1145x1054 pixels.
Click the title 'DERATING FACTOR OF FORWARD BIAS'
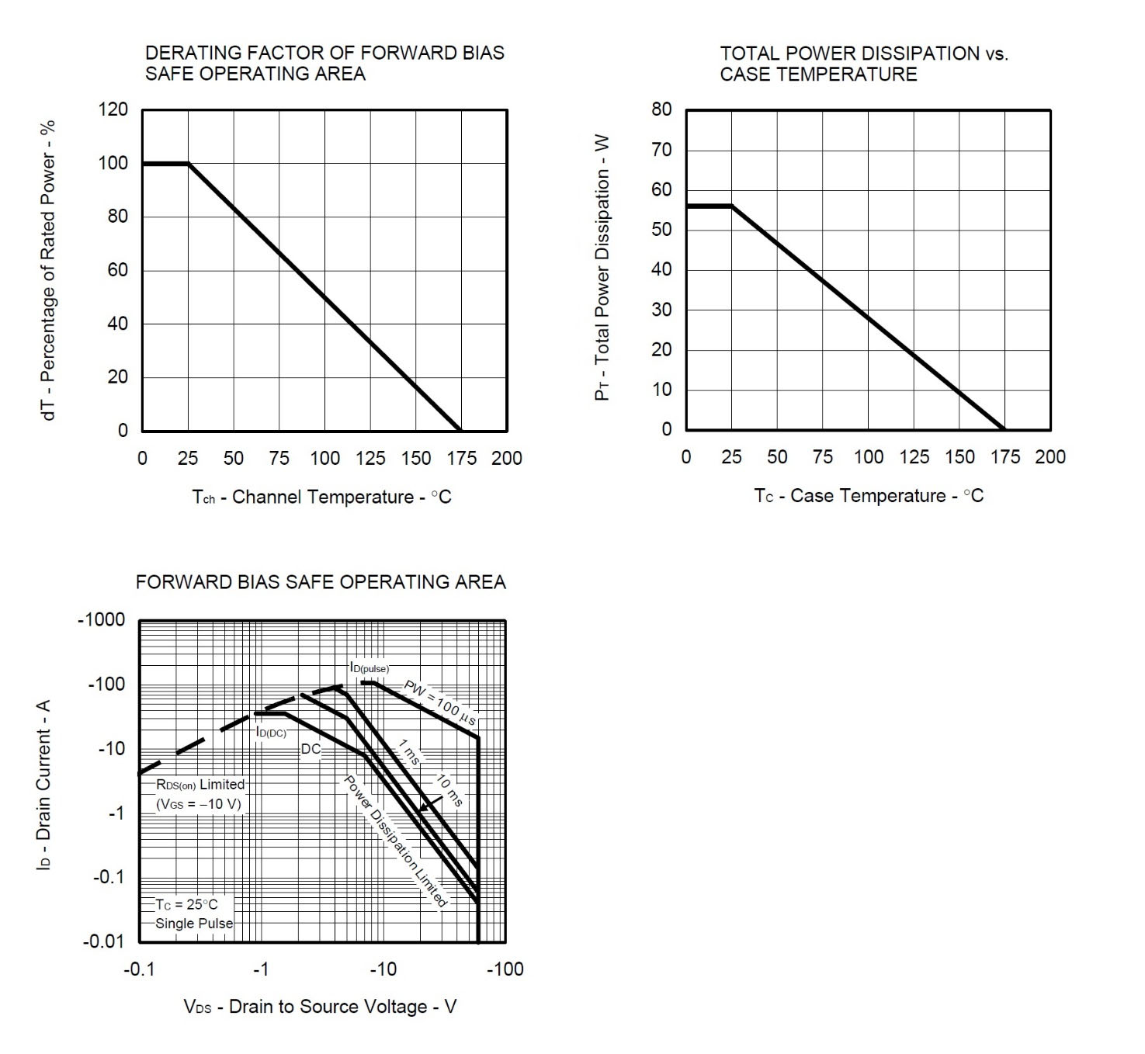(x=324, y=53)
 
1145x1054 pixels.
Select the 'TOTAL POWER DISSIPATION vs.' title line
(x=863, y=54)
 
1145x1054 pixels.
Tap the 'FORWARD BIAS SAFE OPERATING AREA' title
(x=321, y=582)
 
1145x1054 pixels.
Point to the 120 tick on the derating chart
(x=113, y=109)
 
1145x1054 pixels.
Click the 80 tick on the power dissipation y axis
(x=661, y=109)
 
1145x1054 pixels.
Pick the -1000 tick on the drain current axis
(x=102, y=620)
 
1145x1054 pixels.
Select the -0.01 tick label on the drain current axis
(x=103, y=942)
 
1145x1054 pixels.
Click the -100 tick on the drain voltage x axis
(x=505, y=969)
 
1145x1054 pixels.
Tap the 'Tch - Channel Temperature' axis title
(x=321, y=497)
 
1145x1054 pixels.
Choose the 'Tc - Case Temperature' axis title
(x=868, y=496)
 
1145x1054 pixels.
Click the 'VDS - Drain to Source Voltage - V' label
(x=320, y=1007)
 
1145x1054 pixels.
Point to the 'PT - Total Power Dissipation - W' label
(x=602, y=269)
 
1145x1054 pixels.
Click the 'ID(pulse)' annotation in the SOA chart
(x=369, y=667)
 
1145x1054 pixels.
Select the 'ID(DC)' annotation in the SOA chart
(x=271, y=732)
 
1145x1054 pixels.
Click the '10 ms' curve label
(x=448, y=790)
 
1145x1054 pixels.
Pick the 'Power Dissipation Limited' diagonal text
(x=396, y=841)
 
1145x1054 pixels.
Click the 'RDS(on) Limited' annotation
(x=200, y=785)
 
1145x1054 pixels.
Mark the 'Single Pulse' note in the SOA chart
(x=194, y=924)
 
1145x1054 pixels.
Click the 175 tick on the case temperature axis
(x=1005, y=457)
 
